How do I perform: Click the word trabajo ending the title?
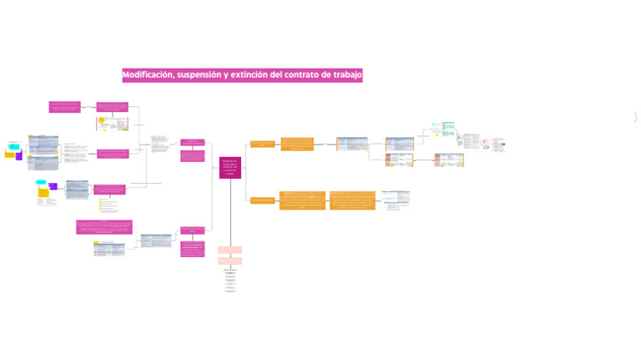point(346,75)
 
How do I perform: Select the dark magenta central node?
point(230,167)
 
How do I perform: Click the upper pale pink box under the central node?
point(230,250)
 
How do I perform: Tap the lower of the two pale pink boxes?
point(230,261)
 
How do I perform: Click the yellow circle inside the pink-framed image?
point(102,121)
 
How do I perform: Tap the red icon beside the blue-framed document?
point(485,142)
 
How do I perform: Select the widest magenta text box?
point(103,227)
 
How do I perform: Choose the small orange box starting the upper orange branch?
point(263,145)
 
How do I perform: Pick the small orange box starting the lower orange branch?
point(262,200)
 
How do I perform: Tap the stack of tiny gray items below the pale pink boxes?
point(230,281)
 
